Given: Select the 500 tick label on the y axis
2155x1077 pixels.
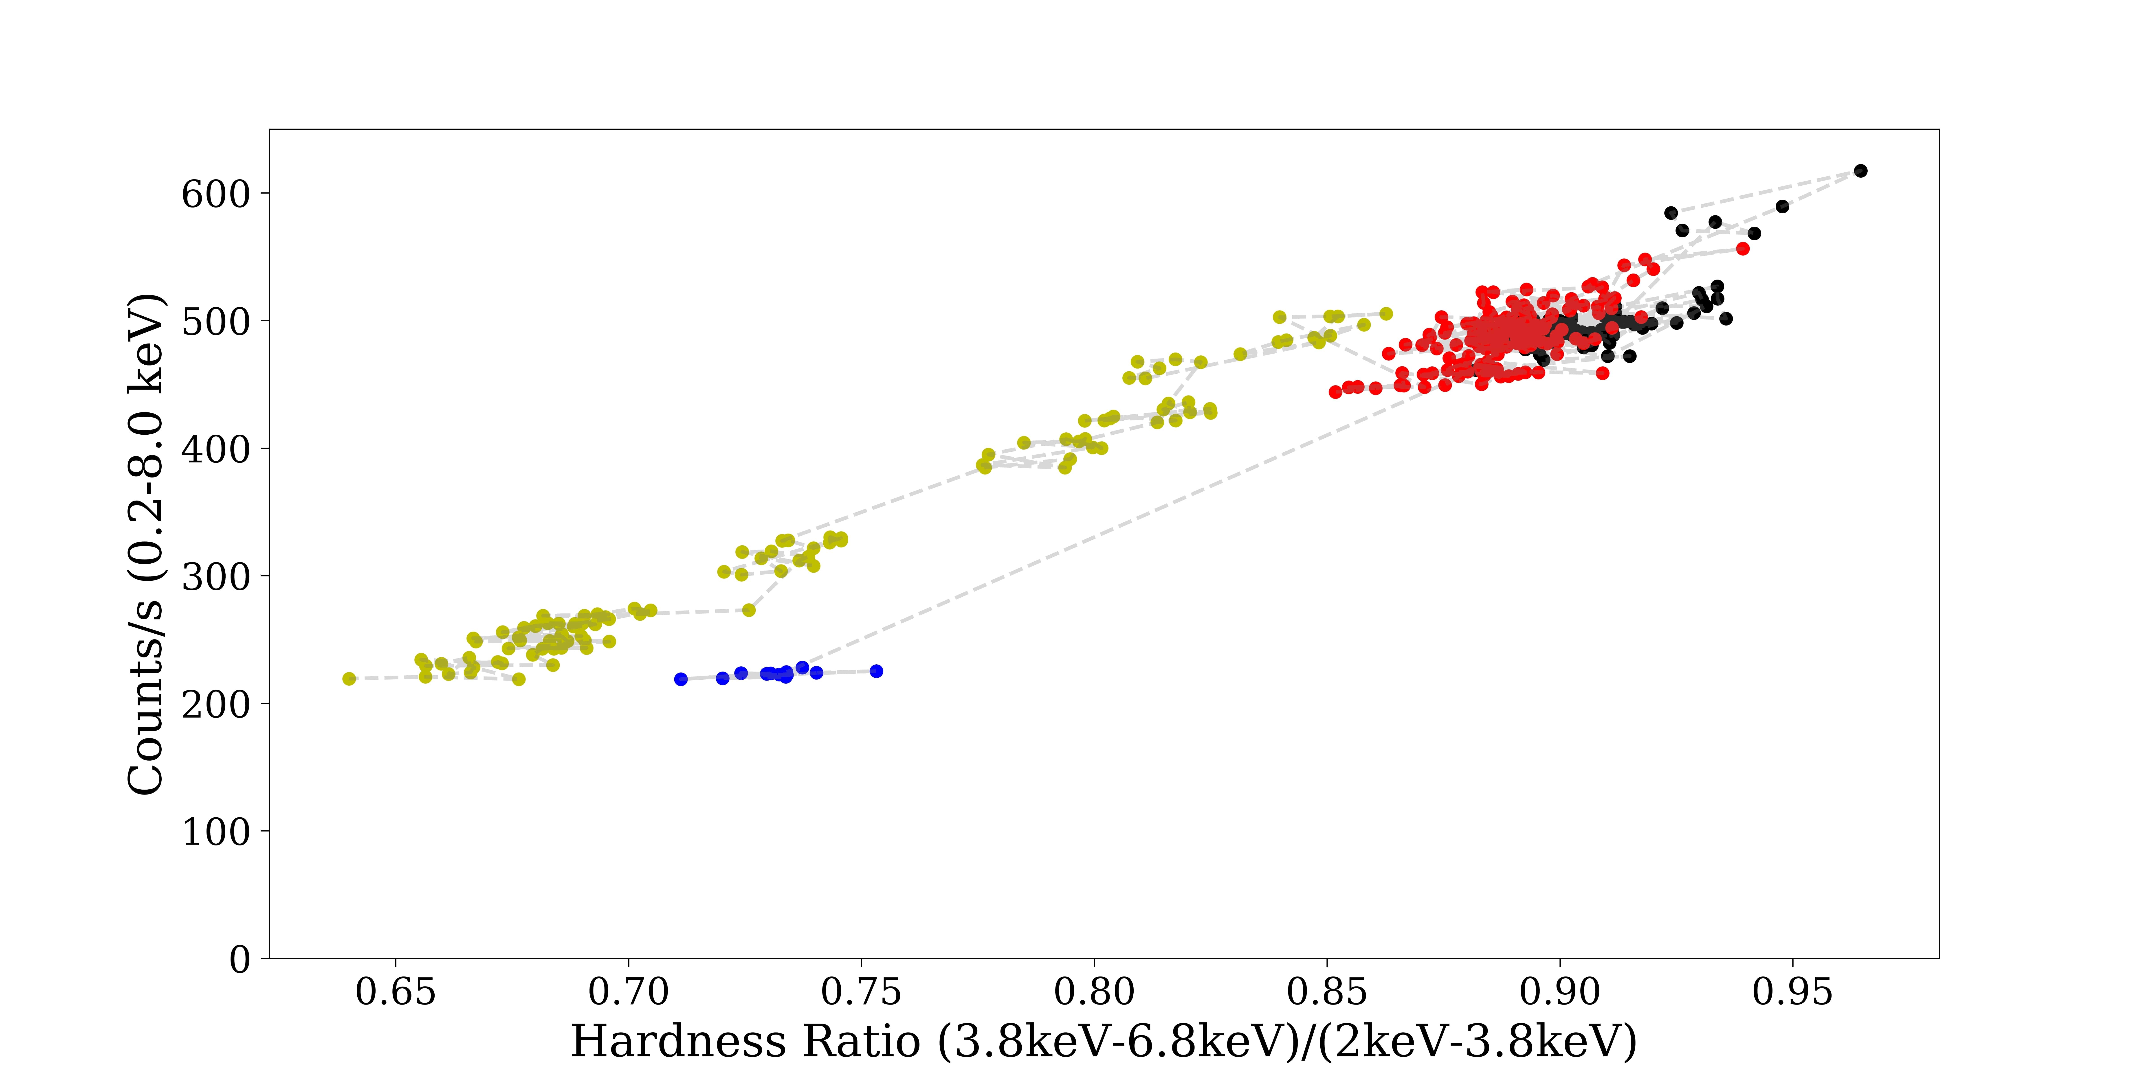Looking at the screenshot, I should (x=216, y=322).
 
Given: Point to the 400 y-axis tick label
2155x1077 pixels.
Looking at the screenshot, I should (x=216, y=450).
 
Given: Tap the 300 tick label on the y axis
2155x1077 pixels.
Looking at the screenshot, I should (x=216, y=577).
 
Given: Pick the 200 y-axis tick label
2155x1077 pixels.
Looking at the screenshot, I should (x=216, y=705).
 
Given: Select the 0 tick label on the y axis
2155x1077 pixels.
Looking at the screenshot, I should (x=240, y=960).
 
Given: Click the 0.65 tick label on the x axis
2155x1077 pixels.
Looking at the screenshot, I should (x=396, y=993).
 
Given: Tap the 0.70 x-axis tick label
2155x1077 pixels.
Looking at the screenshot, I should (x=628, y=993).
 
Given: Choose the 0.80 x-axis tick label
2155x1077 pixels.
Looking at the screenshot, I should (x=1094, y=993).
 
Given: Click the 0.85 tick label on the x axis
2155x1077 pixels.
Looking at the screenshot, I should (x=1327, y=993).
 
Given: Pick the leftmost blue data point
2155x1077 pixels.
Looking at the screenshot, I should (x=681, y=679).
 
